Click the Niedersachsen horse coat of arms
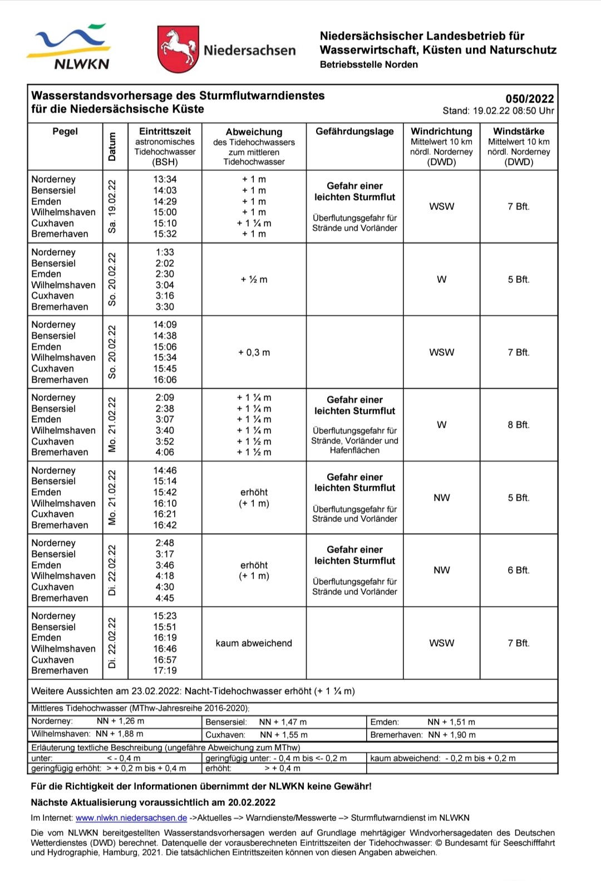tap(178, 49)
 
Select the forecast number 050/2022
tap(529, 99)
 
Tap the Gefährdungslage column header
tap(354, 132)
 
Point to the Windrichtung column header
tap(441, 132)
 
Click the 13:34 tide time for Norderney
tap(165, 179)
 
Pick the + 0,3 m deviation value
tap(254, 353)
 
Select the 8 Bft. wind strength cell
tap(518, 425)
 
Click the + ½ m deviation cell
tap(254, 280)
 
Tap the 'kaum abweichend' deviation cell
tap(254, 643)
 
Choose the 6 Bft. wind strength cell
tap(518, 570)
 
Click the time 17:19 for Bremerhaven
tap(165, 670)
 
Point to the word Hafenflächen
tap(354, 451)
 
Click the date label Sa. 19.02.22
tap(112, 207)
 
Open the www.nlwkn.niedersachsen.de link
tap(131, 818)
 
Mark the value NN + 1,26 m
tap(120, 721)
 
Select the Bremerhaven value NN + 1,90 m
tap(452, 735)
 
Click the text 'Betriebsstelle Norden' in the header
tap(368, 65)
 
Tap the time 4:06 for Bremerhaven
tap(165, 452)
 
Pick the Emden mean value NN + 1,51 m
tap(451, 722)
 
